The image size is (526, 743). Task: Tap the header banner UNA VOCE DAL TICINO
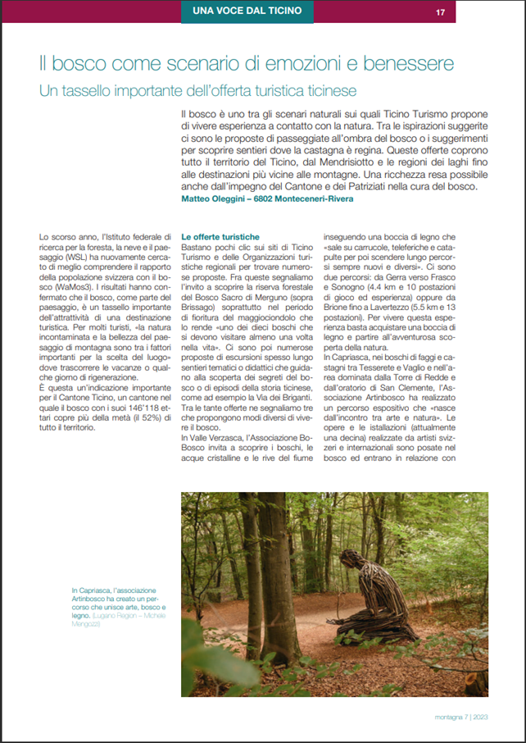coord(246,11)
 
